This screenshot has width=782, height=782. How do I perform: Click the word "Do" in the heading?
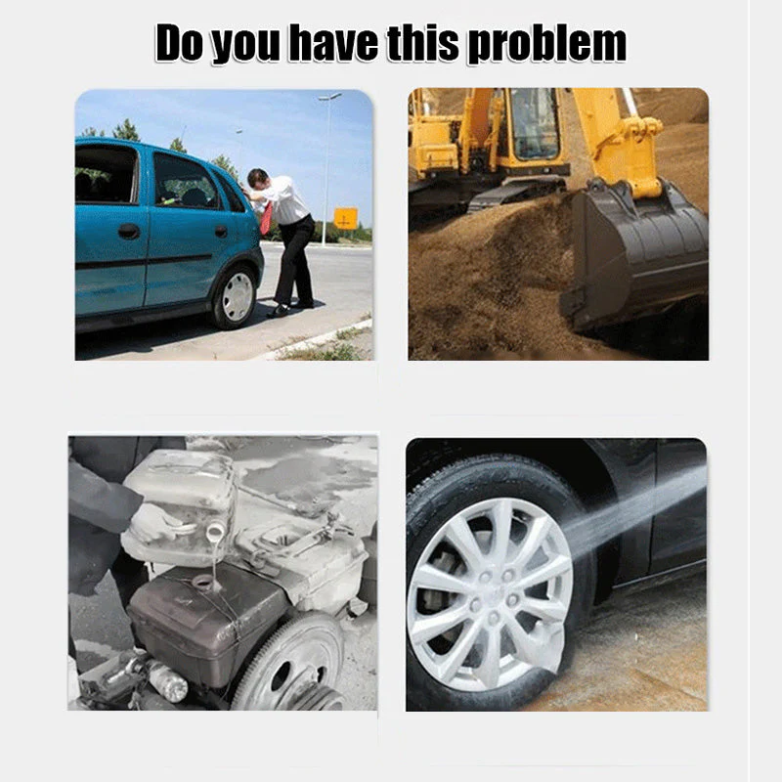179,43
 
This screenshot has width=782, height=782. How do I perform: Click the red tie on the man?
266,218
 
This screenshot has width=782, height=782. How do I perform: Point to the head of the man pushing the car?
257,179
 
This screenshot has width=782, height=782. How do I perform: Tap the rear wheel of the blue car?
235,297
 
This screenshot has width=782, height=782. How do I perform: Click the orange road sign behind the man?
346,218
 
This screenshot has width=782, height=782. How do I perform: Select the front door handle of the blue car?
129,231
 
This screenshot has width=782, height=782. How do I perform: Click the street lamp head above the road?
330,97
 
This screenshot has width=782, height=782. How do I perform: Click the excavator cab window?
535,123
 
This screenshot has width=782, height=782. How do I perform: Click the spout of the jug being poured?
215,532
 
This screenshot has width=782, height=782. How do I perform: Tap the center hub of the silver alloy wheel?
492,596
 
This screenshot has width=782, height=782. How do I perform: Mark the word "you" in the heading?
245,46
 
